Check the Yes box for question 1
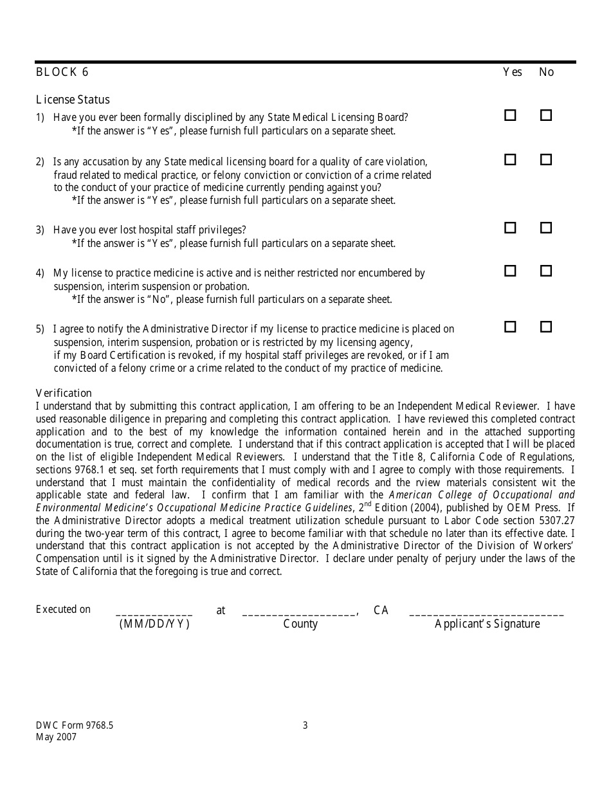pyautogui.click(x=510, y=116)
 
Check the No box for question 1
pyautogui.click(x=546, y=116)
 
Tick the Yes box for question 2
pyautogui.click(x=510, y=159)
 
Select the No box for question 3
pyautogui.click(x=546, y=228)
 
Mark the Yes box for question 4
pyautogui.click(x=510, y=271)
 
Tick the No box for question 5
pyautogui.click(x=546, y=327)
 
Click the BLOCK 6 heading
pyautogui.click(x=62, y=72)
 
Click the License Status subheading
pyautogui.click(x=73, y=100)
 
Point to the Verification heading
pyautogui.click(x=64, y=393)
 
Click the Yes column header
pyautogui.click(x=512, y=72)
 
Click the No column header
pyautogui.click(x=546, y=72)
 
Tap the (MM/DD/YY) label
pyautogui.click(x=154, y=624)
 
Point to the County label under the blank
pyautogui.click(x=300, y=624)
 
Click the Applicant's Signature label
pyautogui.click(x=487, y=624)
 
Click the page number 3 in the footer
pyautogui.click(x=305, y=725)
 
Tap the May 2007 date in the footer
pyautogui.click(x=56, y=737)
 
